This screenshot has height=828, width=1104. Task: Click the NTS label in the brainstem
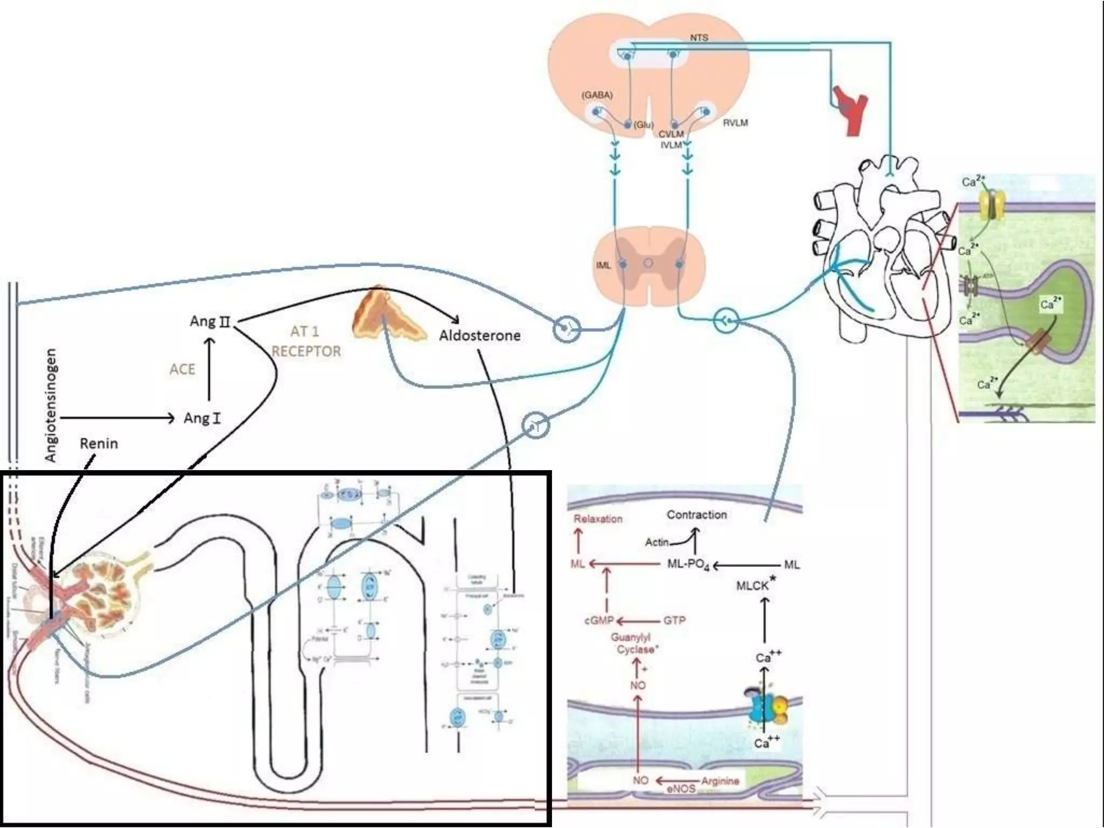coord(699,38)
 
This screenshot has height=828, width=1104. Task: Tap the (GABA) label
coord(597,95)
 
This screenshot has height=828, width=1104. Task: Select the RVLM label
coord(735,123)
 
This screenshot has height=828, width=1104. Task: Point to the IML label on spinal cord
coord(603,265)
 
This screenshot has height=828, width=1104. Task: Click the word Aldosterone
coord(479,336)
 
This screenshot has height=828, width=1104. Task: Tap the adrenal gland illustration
coord(384,315)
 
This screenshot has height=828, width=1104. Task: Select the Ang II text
coord(210,322)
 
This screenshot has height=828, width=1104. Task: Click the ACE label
coord(182,369)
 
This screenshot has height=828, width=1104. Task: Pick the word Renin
coord(99,444)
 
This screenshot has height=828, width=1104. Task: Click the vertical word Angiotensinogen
coord(51,405)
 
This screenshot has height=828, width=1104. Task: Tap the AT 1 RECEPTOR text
coord(306,341)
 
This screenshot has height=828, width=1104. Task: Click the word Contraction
coord(696,515)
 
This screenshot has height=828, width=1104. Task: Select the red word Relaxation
coord(598,519)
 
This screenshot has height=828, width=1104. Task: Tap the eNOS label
coord(681,789)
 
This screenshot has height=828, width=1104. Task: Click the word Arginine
coord(720,781)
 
